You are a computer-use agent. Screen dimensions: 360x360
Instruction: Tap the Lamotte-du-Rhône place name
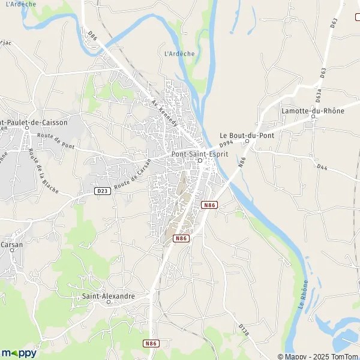[x=312, y=111]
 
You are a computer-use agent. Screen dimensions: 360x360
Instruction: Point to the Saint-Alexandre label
[x=108, y=296]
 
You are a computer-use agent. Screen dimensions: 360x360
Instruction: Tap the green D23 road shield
[x=102, y=191]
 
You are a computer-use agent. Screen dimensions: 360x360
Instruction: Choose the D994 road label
[x=226, y=144]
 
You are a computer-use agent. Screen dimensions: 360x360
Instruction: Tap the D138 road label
[x=243, y=330]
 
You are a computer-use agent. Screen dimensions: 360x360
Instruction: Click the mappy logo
[x=19, y=352]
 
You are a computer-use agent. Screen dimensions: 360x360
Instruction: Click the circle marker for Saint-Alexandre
[x=109, y=302]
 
